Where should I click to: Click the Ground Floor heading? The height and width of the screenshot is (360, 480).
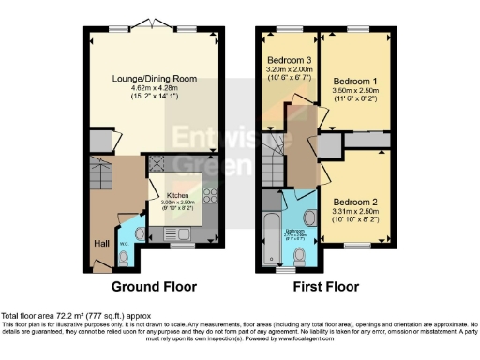click(156, 287)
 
